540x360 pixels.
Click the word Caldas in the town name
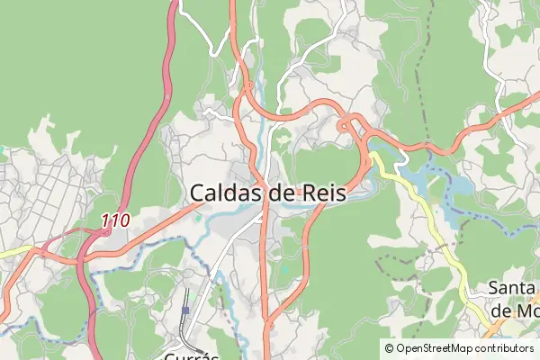227,193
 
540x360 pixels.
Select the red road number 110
115,220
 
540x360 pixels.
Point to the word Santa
512,289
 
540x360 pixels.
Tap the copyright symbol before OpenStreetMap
389,347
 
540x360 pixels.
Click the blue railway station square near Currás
186,310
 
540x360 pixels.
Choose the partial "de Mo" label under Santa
513,310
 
